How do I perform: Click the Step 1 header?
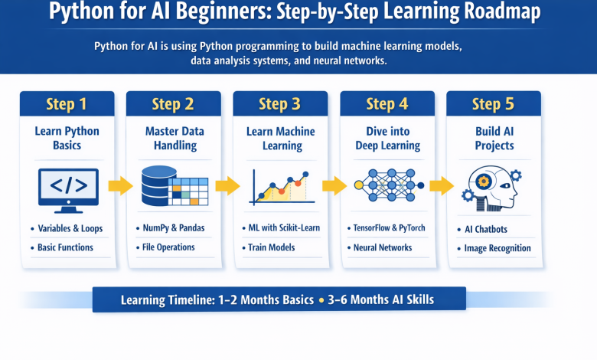pos(67,104)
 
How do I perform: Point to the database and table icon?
pos(173,186)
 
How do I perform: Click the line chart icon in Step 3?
pos(280,187)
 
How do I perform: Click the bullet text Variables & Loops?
pos(70,228)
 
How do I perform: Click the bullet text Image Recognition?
pos(497,248)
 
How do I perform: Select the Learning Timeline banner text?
pos(277,299)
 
